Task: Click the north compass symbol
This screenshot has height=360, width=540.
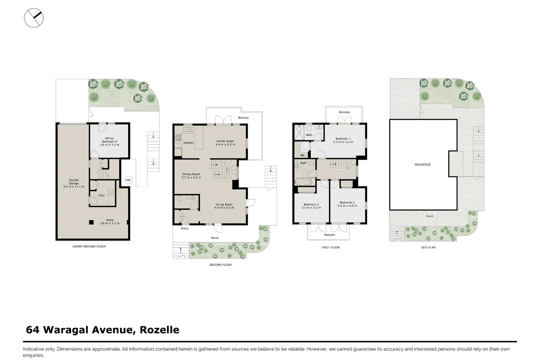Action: coord(34,18)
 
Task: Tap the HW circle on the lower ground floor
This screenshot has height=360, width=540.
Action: coord(128,180)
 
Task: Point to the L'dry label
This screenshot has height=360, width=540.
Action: coord(101,195)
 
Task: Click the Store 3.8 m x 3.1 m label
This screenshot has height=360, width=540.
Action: coord(110,222)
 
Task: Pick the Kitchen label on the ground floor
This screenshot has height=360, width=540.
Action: coord(188,143)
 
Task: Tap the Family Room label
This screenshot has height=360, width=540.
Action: coord(225,143)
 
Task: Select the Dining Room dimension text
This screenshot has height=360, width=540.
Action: coord(191,178)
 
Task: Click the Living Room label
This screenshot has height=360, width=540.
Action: coord(224,206)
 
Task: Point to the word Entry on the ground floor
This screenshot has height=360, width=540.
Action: coord(185,229)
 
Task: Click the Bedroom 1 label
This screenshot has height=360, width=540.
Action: coord(343,140)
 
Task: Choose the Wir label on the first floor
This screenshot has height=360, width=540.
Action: coord(302,155)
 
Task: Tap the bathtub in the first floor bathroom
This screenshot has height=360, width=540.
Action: coord(303,182)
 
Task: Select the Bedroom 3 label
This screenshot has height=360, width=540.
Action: coord(311,206)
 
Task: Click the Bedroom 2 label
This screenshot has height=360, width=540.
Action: coord(347,204)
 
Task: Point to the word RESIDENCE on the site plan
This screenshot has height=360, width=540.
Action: coord(422,165)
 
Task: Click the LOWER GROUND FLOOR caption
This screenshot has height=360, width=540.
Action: coord(89,247)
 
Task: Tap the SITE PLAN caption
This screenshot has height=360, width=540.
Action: coord(428,247)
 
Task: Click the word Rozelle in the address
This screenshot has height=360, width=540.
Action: coord(159,330)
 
